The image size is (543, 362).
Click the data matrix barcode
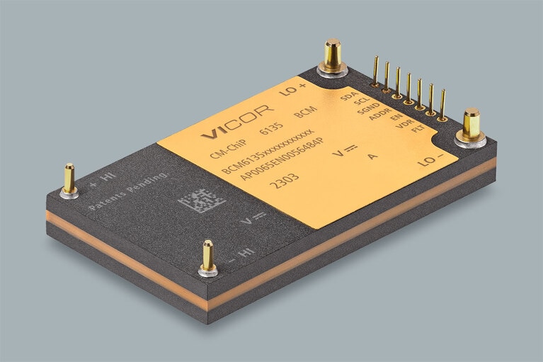pyautogui.click(x=202, y=199)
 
